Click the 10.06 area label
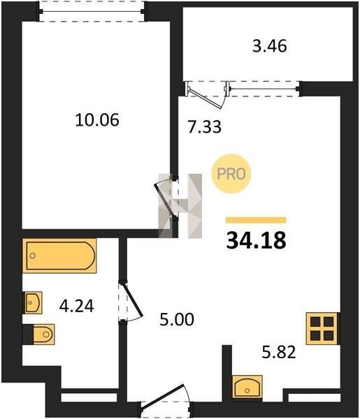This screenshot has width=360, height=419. click(97, 120)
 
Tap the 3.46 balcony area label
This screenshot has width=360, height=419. click(270, 45)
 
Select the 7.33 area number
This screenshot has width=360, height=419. click(204, 127)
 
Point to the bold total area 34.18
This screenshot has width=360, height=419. click(257, 240)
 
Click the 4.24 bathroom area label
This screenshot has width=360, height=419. click(76, 306)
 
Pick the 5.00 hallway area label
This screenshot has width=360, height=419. click(177, 319)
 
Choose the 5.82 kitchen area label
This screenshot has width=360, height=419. click(279, 352)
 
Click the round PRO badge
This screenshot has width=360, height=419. click(231, 174)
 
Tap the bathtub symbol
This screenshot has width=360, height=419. click(59, 256)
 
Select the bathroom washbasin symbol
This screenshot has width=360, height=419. click(33, 302)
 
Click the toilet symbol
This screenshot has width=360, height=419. click(39, 335)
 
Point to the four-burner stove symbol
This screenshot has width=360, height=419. click(322, 328)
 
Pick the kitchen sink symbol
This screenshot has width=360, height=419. click(247, 387)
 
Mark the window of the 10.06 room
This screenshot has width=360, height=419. click(92, 11)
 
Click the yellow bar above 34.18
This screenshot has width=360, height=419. click(256, 220)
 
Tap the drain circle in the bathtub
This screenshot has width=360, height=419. click(33, 256)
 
